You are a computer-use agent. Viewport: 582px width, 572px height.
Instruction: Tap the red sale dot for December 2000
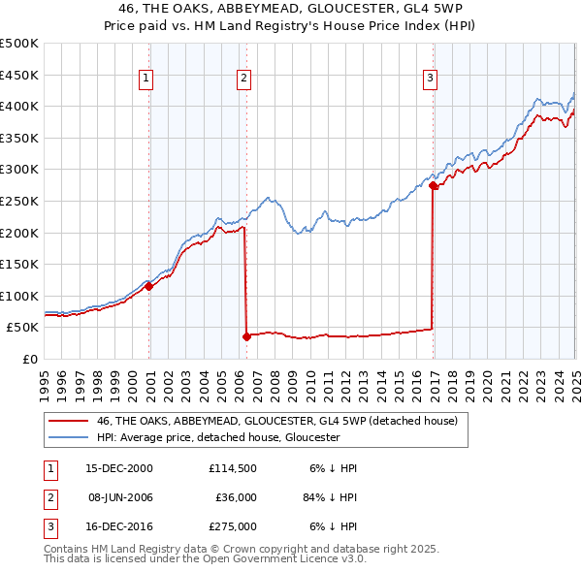149,286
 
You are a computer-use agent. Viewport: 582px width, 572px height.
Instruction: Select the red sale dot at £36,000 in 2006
246,336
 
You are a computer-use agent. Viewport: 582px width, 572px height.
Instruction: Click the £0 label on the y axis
30,359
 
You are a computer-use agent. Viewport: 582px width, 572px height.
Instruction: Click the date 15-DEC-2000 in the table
119,467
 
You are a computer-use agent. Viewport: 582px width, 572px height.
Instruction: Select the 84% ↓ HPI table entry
330,497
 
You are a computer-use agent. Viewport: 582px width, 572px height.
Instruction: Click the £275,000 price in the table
232,527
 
